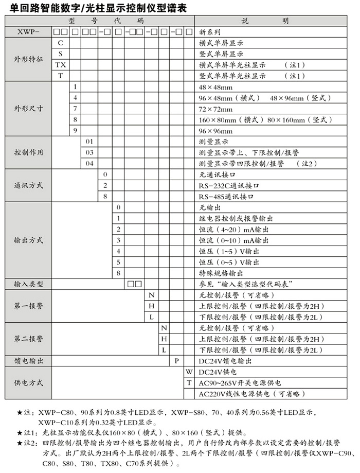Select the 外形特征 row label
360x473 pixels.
[x=28, y=59]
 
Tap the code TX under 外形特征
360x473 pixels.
[x=61, y=65]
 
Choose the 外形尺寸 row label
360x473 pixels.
[x=28, y=109]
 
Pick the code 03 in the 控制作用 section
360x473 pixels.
[x=89, y=152]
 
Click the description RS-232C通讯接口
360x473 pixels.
[x=228, y=185]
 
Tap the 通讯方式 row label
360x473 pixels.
[x=28, y=185]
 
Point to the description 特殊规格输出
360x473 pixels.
[x=219, y=273]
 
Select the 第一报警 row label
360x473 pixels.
[x=28, y=306]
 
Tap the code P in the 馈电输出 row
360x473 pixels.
[x=176, y=360]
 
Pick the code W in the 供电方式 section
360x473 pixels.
[x=189, y=371]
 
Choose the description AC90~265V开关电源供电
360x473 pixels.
[x=240, y=382]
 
